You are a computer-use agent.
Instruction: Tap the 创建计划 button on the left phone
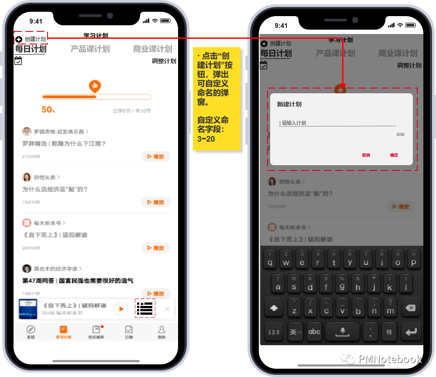31,39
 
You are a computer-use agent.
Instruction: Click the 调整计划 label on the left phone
164,61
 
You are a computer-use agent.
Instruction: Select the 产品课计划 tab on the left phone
90,49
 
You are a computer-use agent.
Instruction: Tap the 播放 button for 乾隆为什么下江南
156,156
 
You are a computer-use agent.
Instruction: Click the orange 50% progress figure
48,110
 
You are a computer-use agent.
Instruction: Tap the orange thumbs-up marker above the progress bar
95,86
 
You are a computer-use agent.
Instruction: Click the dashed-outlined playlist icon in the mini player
145,308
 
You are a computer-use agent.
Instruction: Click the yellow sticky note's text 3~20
206,139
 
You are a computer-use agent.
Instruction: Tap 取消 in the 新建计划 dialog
366,155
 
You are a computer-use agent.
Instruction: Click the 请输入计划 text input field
336,123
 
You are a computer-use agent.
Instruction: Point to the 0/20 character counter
400,135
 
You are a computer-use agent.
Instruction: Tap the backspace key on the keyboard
410,308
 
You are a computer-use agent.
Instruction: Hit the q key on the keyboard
270,260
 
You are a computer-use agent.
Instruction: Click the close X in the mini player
167,309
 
